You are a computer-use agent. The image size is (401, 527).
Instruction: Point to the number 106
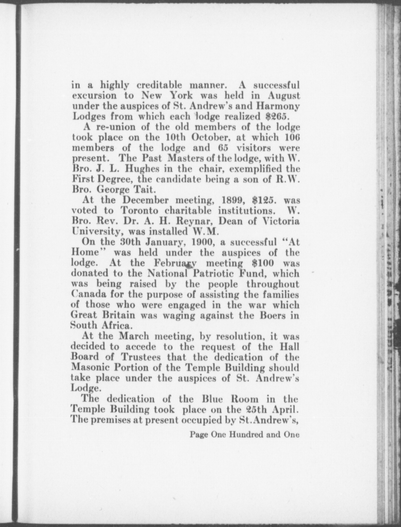(x=292, y=137)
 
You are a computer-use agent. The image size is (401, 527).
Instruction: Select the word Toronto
(x=139, y=211)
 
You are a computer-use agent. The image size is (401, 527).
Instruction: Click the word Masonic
(x=89, y=367)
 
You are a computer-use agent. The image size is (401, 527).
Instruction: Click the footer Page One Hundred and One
(x=244, y=434)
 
